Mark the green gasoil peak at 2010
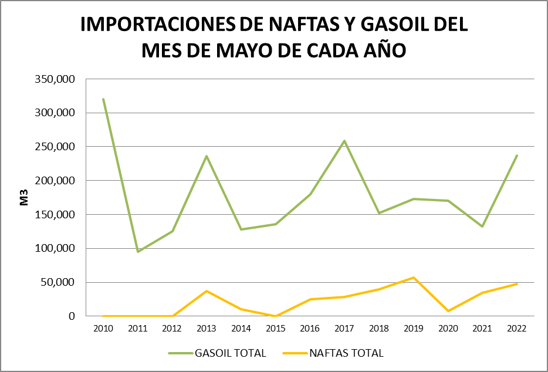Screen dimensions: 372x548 coord(103,99)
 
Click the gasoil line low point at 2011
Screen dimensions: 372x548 coord(138,252)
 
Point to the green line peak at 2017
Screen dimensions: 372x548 coord(344,141)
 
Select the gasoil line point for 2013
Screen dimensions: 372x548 coord(207,156)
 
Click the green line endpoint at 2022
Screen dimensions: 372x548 coord(516,155)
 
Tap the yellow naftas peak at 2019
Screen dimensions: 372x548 coord(413,278)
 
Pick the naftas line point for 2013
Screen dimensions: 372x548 coord(207,291)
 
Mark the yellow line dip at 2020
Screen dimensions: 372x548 coord(448,311)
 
